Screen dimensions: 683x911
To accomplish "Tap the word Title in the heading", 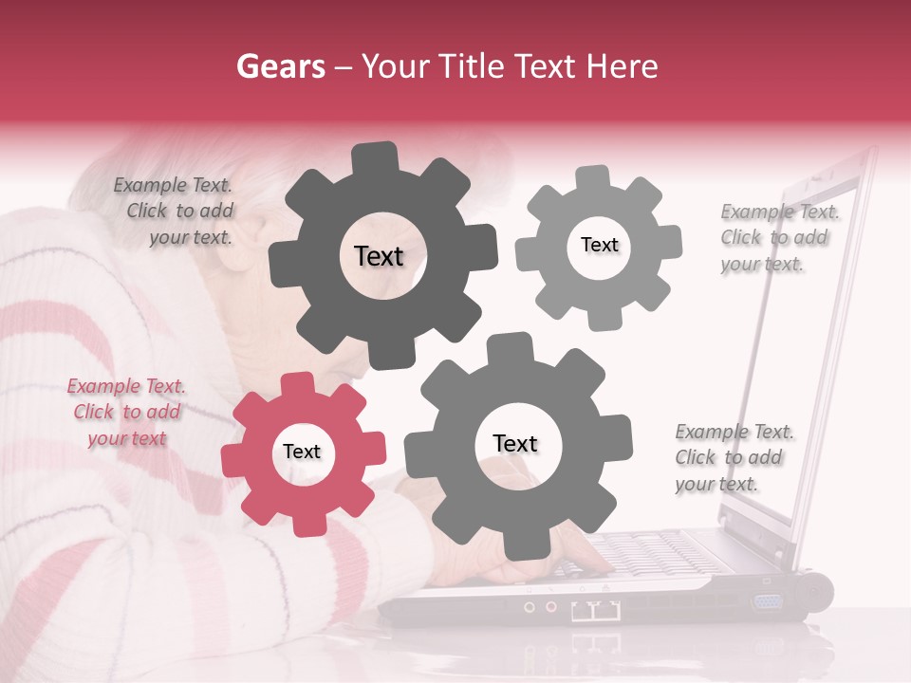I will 474,66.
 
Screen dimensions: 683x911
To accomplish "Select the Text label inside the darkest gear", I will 379,256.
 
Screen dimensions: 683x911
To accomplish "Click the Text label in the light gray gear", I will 599,245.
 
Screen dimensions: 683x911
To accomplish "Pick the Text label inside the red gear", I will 302,452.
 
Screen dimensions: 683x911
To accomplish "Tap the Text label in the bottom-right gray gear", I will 515,443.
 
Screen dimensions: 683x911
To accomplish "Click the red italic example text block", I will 125,413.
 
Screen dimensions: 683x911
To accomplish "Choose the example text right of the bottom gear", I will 733,458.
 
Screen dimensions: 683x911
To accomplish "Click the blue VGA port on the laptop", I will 766,601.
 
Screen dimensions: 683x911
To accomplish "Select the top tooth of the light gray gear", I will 593,177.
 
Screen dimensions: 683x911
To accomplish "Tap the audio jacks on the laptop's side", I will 538,605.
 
